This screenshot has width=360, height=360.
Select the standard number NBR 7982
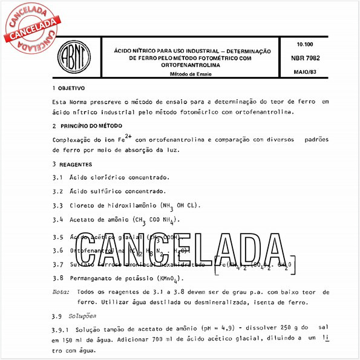(309, 58)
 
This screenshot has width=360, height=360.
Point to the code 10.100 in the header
(306, 45)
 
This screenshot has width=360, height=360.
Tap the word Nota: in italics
(61, 292)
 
